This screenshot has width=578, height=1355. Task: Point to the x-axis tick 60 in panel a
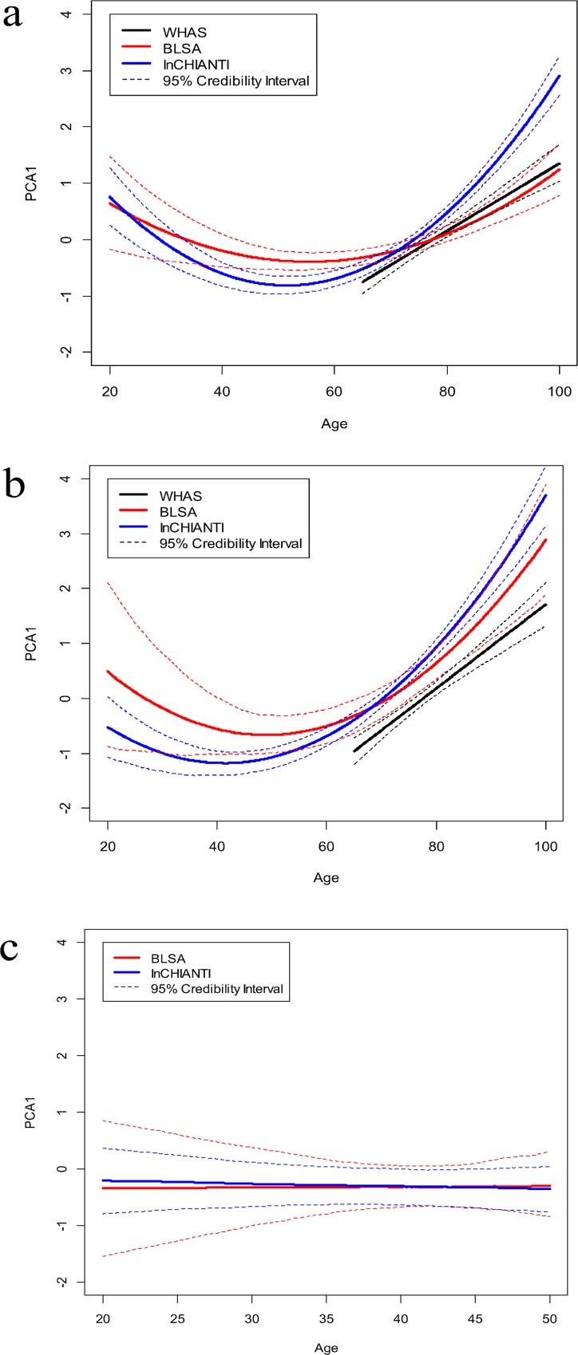pos(334,392)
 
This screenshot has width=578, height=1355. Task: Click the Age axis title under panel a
pos(334,423)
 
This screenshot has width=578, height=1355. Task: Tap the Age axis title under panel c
pos(327,1347)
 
